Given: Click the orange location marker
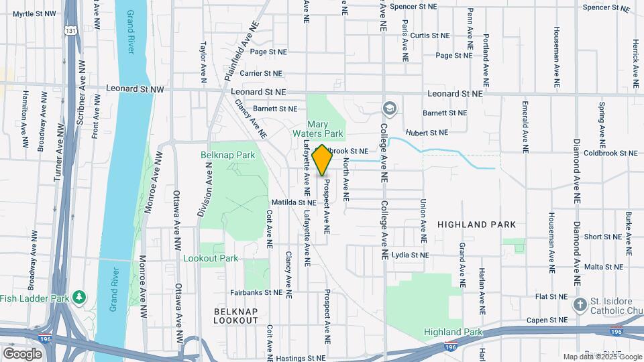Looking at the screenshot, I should pyautogui.click(x=322, y=160).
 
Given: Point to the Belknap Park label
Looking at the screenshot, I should pyautogui.click(x=228, y=155).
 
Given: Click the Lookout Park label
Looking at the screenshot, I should pyautogui.click(x=210, y=258).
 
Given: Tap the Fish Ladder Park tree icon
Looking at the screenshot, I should pyautogui.click(x=79, y=296).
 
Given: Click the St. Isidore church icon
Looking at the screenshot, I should pyautogui.click(x=580, y=306).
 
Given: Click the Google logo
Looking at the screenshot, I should pyautogui.click(x=22, y=353).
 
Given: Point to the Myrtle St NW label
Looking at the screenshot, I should pyautogui.click(x=33, y=13).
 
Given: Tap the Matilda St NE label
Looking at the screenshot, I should pyautogui.click(x=294, y=202).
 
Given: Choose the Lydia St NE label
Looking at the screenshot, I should pyautogui.click(x=410, y=255).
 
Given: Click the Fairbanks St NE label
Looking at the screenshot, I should pyautogui.click(x=256, y=292).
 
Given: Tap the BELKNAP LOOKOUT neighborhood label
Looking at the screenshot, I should pyautogui.click(x=235, y=316).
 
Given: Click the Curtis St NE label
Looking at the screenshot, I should pyautogui.click(x=429, y=36).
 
